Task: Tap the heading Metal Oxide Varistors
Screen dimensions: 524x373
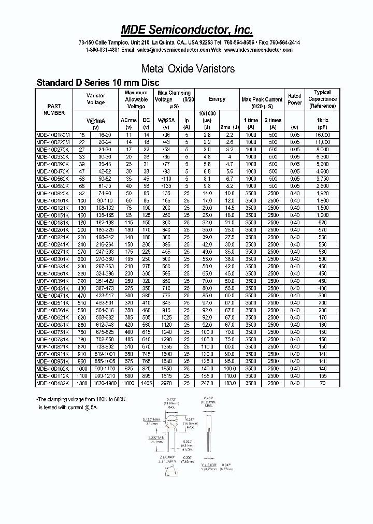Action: click(188, 68)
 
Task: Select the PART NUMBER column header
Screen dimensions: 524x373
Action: click(54, 109)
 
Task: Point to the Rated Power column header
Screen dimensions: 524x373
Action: click(294, 99)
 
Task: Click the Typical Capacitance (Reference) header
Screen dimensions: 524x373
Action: click(322, 99)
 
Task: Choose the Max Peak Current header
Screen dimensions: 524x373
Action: click(262, 99)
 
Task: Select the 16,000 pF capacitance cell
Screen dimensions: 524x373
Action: click(322, 134)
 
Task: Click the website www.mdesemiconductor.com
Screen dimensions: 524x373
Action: click(259, 50)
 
